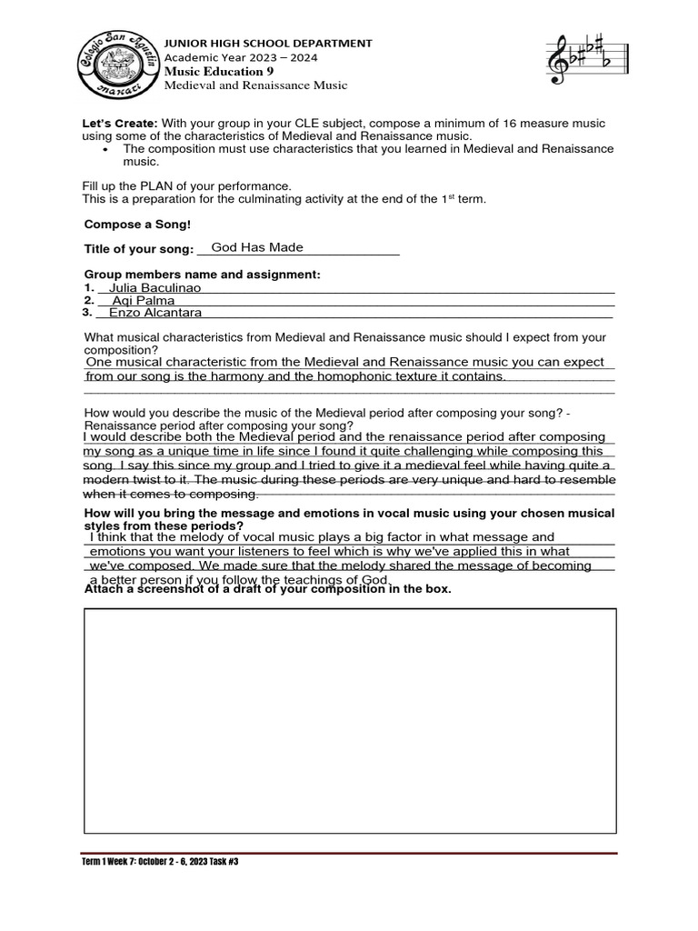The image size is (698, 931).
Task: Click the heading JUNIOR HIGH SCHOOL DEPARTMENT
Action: (x=267, y=43)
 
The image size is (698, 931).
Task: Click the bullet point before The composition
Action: (x=107, y=148)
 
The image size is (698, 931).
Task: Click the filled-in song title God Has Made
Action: (x=257, y=247)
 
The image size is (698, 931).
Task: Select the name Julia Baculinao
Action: (x=155, y=287)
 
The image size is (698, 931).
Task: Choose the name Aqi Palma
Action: (x=143, y=300)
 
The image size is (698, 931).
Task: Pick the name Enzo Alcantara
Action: (x=155, y=313)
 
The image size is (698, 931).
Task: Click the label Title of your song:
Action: (x=139, y=249)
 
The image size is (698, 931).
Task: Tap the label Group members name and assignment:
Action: (x=202, y=275)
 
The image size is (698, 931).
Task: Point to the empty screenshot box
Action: (x=350, y=720)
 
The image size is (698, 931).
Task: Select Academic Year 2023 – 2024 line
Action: (x=241, y=56)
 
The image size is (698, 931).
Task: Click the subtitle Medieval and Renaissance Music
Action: (x=255, y=85)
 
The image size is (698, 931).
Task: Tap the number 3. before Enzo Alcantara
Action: (x=87, y=312)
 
